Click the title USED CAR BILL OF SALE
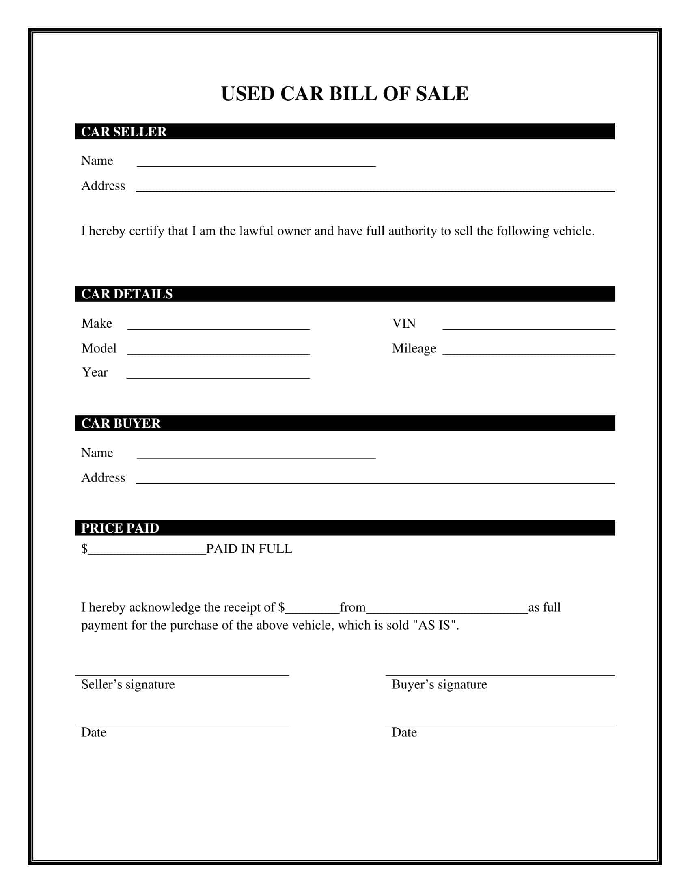pyautogui.click(x=345, y=94)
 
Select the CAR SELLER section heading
pyautogui.click(x=124, y=132)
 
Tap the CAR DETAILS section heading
pyautogui.click(x=127, y=294)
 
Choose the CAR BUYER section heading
pyautogui.click(x=121, y=423)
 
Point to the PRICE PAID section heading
pyautogui.click(x=120, y=528)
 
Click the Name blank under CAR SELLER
pyautogui.click(x=256, y=163)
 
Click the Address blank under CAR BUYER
pyautogui.click(x=375, y=480)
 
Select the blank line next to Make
pyautogui.click(x=218, y=326)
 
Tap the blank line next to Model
pyautogui.click(x=218, y=350)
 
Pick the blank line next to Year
pyautogui.click(x=218, y=375)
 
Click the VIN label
pyautogui.click(x=404, y=324)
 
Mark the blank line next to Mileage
pyautogui.click(x=528, y=350)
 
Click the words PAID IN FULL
pyautogui.click(x=249, y=549)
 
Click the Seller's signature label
pyautogui.click(x=128, y=684)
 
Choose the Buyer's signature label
pyautogui.click(x=440, y=684)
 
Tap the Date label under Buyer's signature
pyautogui.click(x=404, y=732)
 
